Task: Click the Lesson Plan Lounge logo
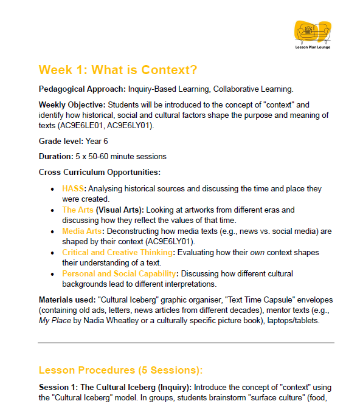pyautogui.click(x=313, y=34)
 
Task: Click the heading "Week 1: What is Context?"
pyautogui.click(x=117, y=69)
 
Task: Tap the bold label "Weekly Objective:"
pyautogui.click(x=72, y=104)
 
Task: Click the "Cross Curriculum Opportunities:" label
pyautogui.click(x=99, y=172)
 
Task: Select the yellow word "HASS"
pyautogui.click(x=73, y=189)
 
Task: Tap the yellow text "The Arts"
pyautogui.click(x=78, y=210)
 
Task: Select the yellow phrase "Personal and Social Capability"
pyautogui.click(x=119, y=273)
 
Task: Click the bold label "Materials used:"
pyautogui.click(x=66, y=300)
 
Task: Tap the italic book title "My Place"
pyautogui.click(x=54, y=321)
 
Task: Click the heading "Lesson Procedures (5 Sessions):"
pyautogui.click(x=120, y=370)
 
